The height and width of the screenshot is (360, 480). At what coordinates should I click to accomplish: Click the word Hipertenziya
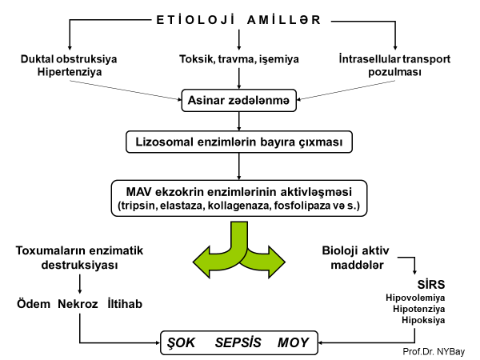pyautogui.click(x=70, y=72)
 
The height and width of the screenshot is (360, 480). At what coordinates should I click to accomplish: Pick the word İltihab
pyautogui.click(x=127, y=305)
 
